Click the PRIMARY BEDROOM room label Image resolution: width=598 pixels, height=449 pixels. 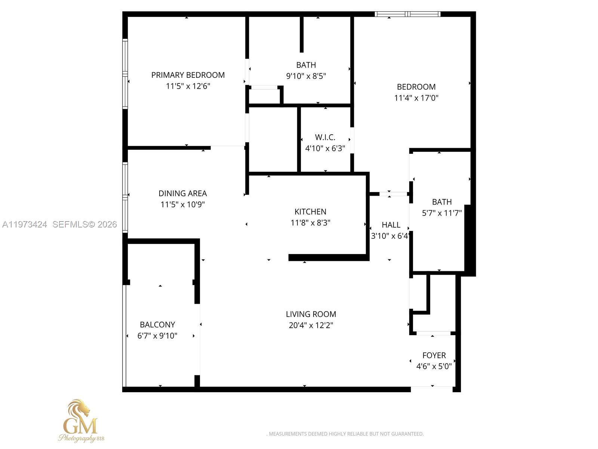coord(188,75)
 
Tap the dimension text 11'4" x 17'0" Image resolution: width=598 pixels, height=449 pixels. coord(416,98)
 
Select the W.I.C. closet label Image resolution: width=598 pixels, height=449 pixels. coord(325,137)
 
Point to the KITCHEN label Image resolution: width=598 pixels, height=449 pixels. coord(310,211)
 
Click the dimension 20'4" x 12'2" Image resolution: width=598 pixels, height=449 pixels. coord(311,325)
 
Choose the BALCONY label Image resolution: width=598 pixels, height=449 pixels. coord(157,324)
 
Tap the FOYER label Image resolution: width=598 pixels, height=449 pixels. coord(434,355)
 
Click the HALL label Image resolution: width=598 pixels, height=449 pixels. coord(391,224)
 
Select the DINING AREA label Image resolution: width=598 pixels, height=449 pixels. coord(182,193)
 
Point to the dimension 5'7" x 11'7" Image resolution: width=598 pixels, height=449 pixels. coord(442,213)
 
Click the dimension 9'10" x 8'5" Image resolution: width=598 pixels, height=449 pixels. coord(306,76)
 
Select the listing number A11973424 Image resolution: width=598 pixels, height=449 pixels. coord(25,224)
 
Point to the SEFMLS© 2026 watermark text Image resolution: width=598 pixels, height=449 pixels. coord(85,224)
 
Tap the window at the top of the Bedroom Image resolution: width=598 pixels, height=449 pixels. coord(407,14)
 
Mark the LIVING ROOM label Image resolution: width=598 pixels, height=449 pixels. coord(311,314)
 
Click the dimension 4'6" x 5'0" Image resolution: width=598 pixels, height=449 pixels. coord(434,366)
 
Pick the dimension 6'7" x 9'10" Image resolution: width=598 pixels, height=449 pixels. coord(157,336)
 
